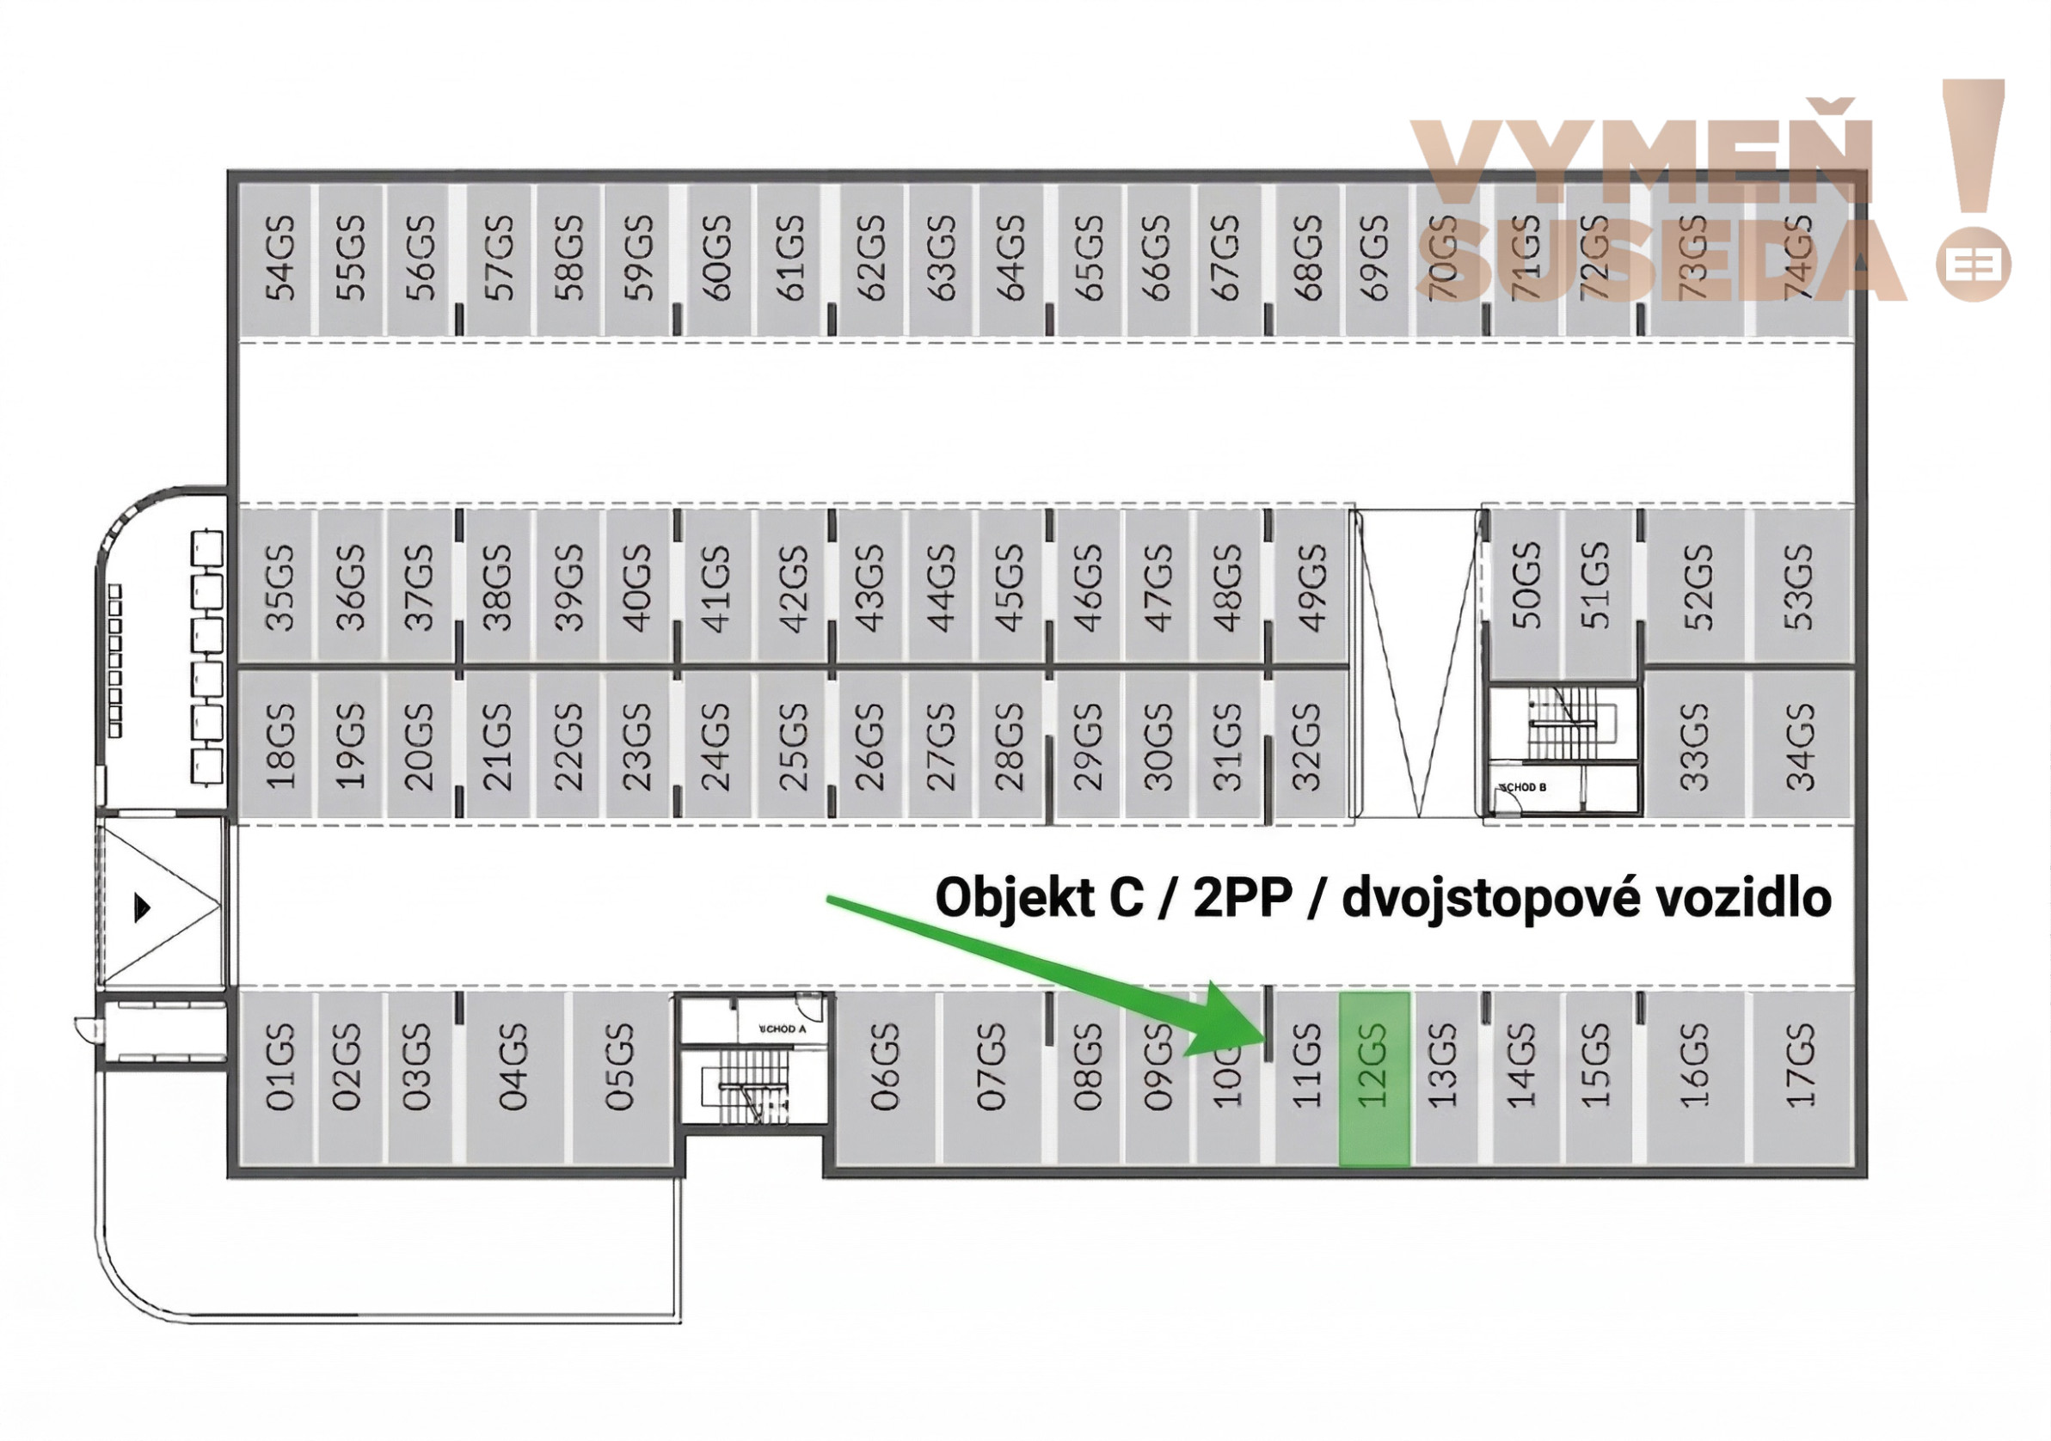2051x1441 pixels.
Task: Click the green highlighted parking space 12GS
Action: (x=1373, y=1078)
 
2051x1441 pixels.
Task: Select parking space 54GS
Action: (x=279, y=259)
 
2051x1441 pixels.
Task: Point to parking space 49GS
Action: (x=1310, y=587)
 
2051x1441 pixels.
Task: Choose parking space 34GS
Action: (x=1800, y=746)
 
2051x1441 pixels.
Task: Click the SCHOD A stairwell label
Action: (x=782, y=1029)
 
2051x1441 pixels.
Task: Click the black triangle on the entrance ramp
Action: (x=142, y=907)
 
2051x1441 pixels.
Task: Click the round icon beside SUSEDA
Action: (x=1974, y=266)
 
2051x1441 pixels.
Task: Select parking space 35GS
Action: (x=279, y=587)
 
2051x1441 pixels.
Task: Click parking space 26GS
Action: (x=869, y=746)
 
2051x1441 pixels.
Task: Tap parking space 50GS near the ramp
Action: (x=1526, y=587)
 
